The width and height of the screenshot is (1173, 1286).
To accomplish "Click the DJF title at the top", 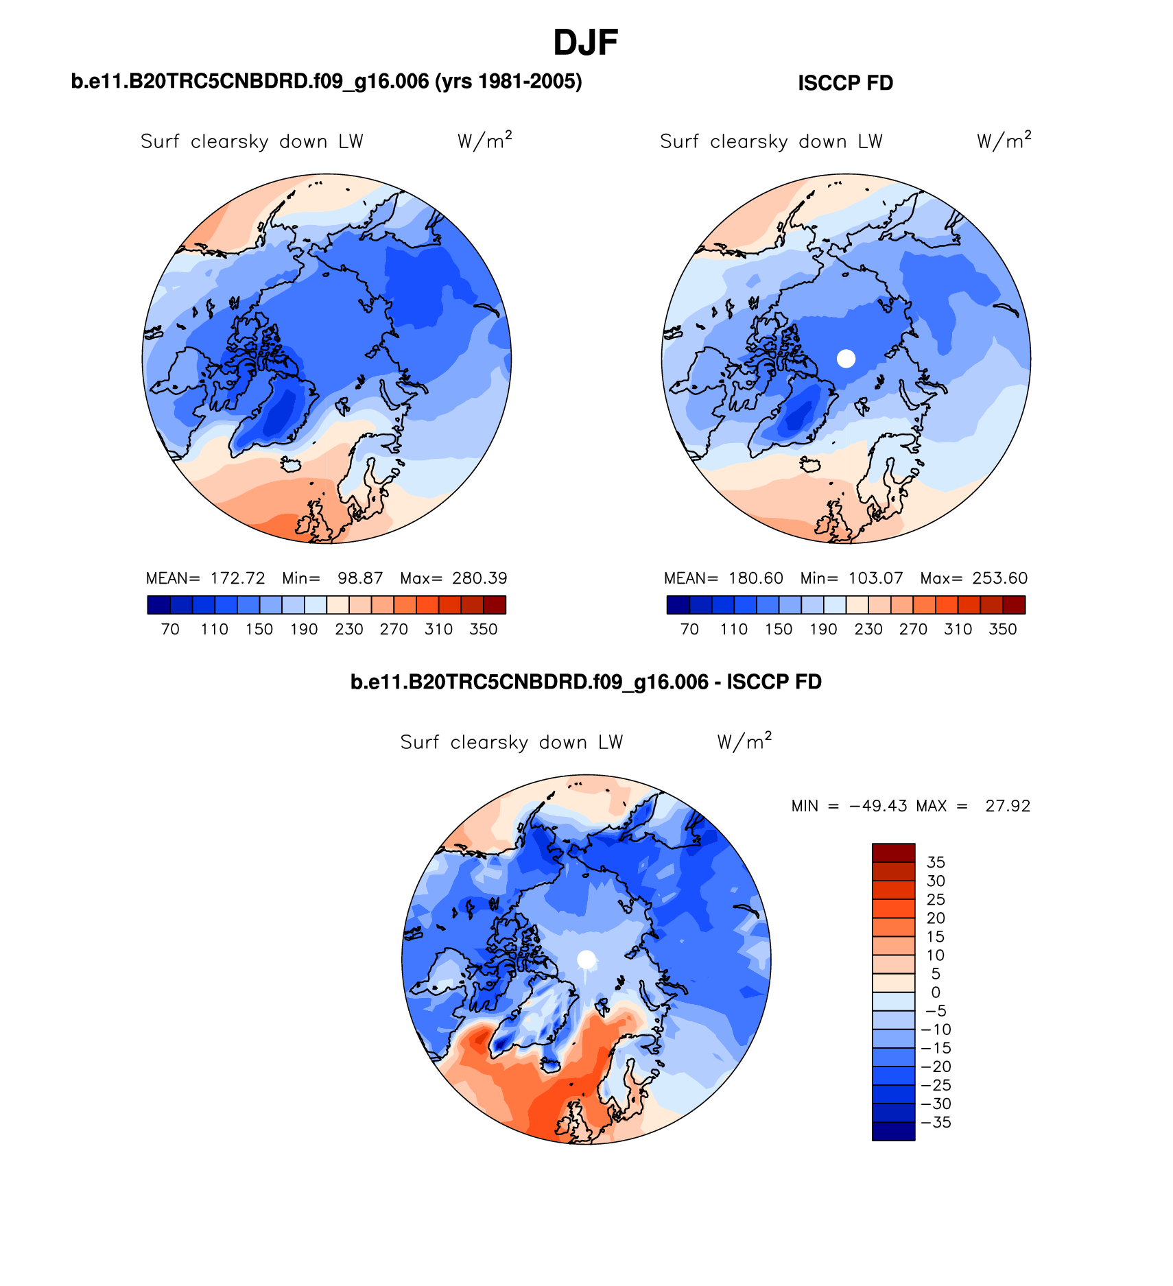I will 585,43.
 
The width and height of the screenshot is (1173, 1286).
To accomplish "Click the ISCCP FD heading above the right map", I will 845,83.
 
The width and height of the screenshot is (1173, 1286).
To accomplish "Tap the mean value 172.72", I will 237,578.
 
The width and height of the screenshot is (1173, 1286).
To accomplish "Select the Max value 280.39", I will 479,578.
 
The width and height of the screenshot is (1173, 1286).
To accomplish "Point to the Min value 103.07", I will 875,578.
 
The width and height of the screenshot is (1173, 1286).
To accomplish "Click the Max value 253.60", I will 999,578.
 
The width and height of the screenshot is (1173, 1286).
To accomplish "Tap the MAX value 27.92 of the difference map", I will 1008,806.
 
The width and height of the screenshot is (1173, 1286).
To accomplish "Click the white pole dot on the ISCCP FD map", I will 846,358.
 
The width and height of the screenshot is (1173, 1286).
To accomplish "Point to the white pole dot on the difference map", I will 586,959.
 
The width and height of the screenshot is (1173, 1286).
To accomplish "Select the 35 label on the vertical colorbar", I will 936,862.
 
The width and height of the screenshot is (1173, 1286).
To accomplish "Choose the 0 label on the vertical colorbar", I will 936,992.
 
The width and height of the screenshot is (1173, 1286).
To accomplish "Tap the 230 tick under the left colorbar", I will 348,629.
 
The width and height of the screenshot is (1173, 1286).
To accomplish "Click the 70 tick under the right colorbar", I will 689,629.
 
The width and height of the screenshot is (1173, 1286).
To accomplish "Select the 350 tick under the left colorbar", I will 483,629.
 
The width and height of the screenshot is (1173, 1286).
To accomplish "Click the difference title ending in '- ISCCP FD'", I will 586,682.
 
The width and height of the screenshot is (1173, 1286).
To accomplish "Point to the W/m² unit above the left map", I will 484,141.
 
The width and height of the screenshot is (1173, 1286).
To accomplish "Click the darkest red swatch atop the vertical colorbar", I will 893,853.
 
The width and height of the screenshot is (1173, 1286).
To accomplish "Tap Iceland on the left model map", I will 292,465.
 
